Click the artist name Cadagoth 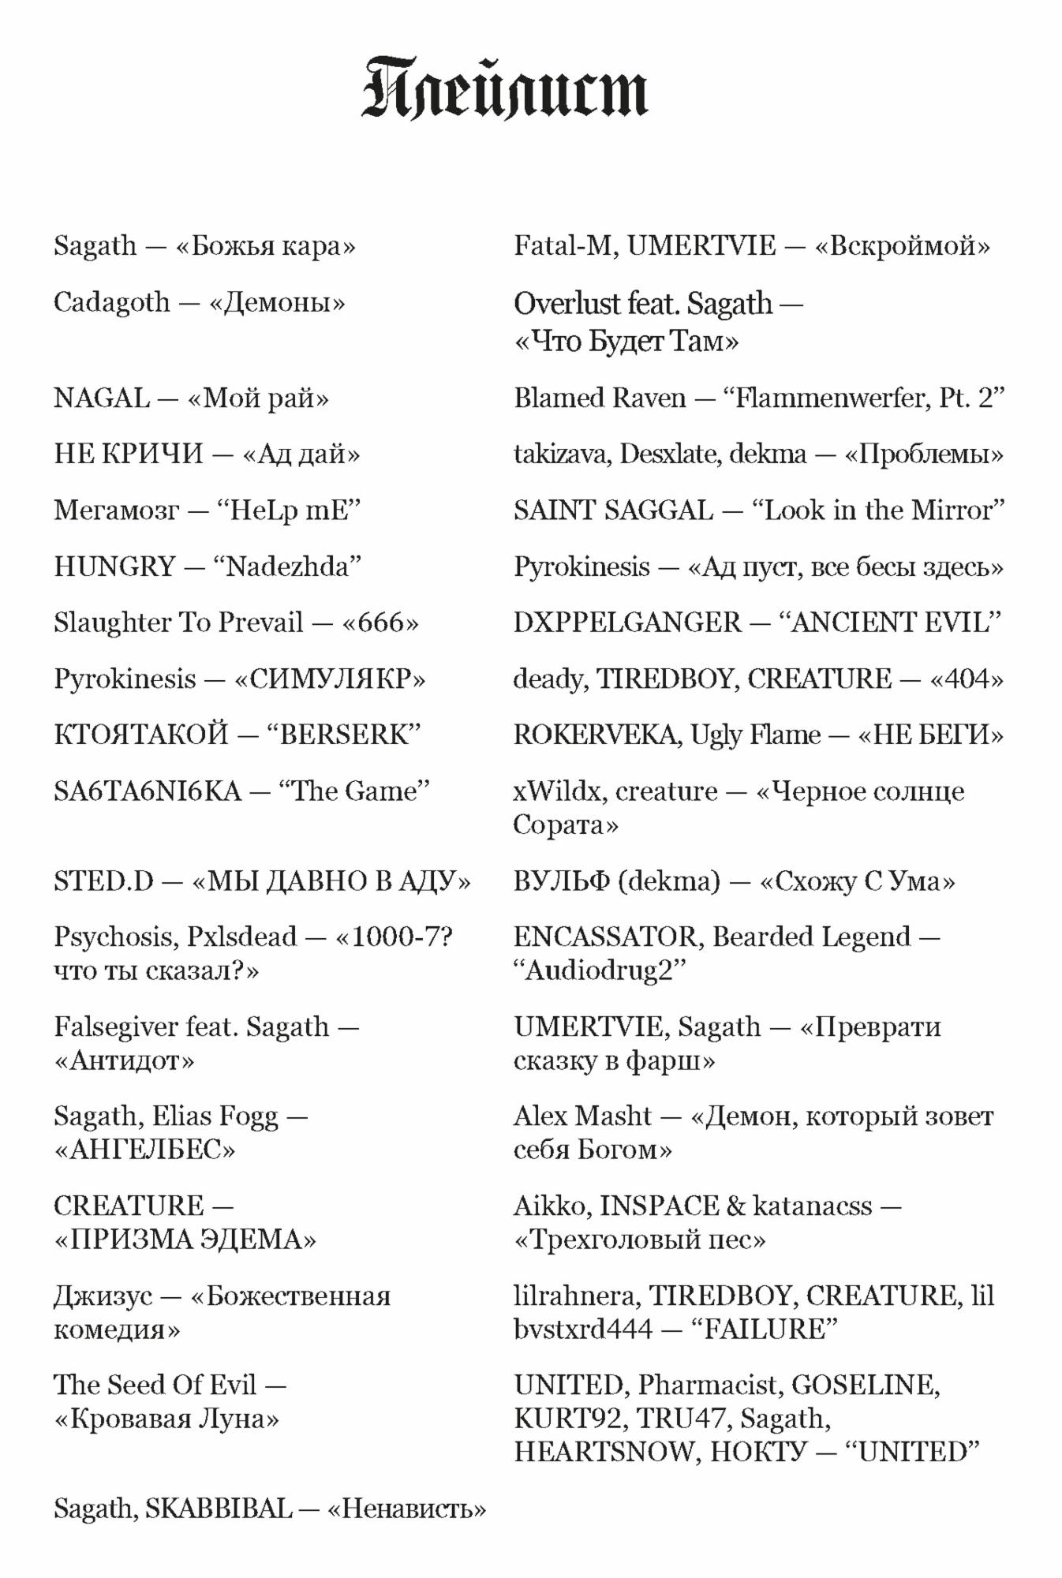[x=111, y=302]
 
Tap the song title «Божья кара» [x=265, y=246]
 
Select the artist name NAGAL [x=101, y=398]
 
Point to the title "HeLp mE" [x=288, y=510]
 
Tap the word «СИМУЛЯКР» [x=330, y=679]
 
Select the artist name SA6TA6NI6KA [x=147, y=791]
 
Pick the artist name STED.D [x=103, y=881]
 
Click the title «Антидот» [x=124, y=1060]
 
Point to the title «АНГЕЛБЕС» [x=144, y=1150]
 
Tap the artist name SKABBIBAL [x=219, y=1509]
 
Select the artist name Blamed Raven [x=600, y=398]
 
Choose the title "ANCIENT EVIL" [x=889, y=623]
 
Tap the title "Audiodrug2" [x=600, y=970]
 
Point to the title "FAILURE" [x=763, y=1329]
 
